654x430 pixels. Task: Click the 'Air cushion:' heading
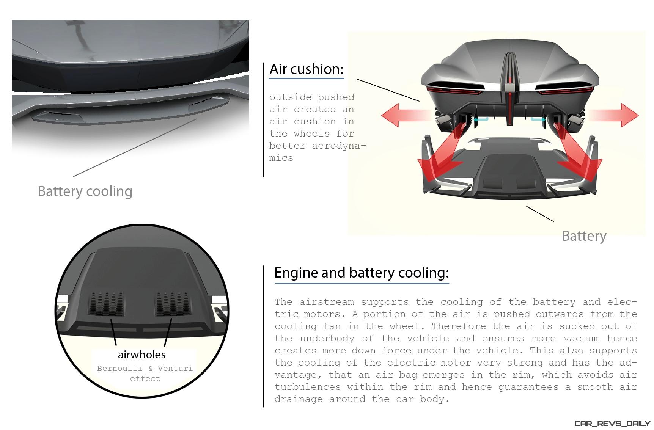click(307, 69)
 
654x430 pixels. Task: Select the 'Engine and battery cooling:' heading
click(362, 273)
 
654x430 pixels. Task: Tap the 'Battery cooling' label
click(85, 191)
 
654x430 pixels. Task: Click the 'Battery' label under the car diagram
click(584, 236)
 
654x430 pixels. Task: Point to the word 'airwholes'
click(142, 355)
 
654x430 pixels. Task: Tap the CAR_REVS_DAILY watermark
click(612, 423)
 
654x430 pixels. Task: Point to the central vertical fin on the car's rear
click(510, 89)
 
